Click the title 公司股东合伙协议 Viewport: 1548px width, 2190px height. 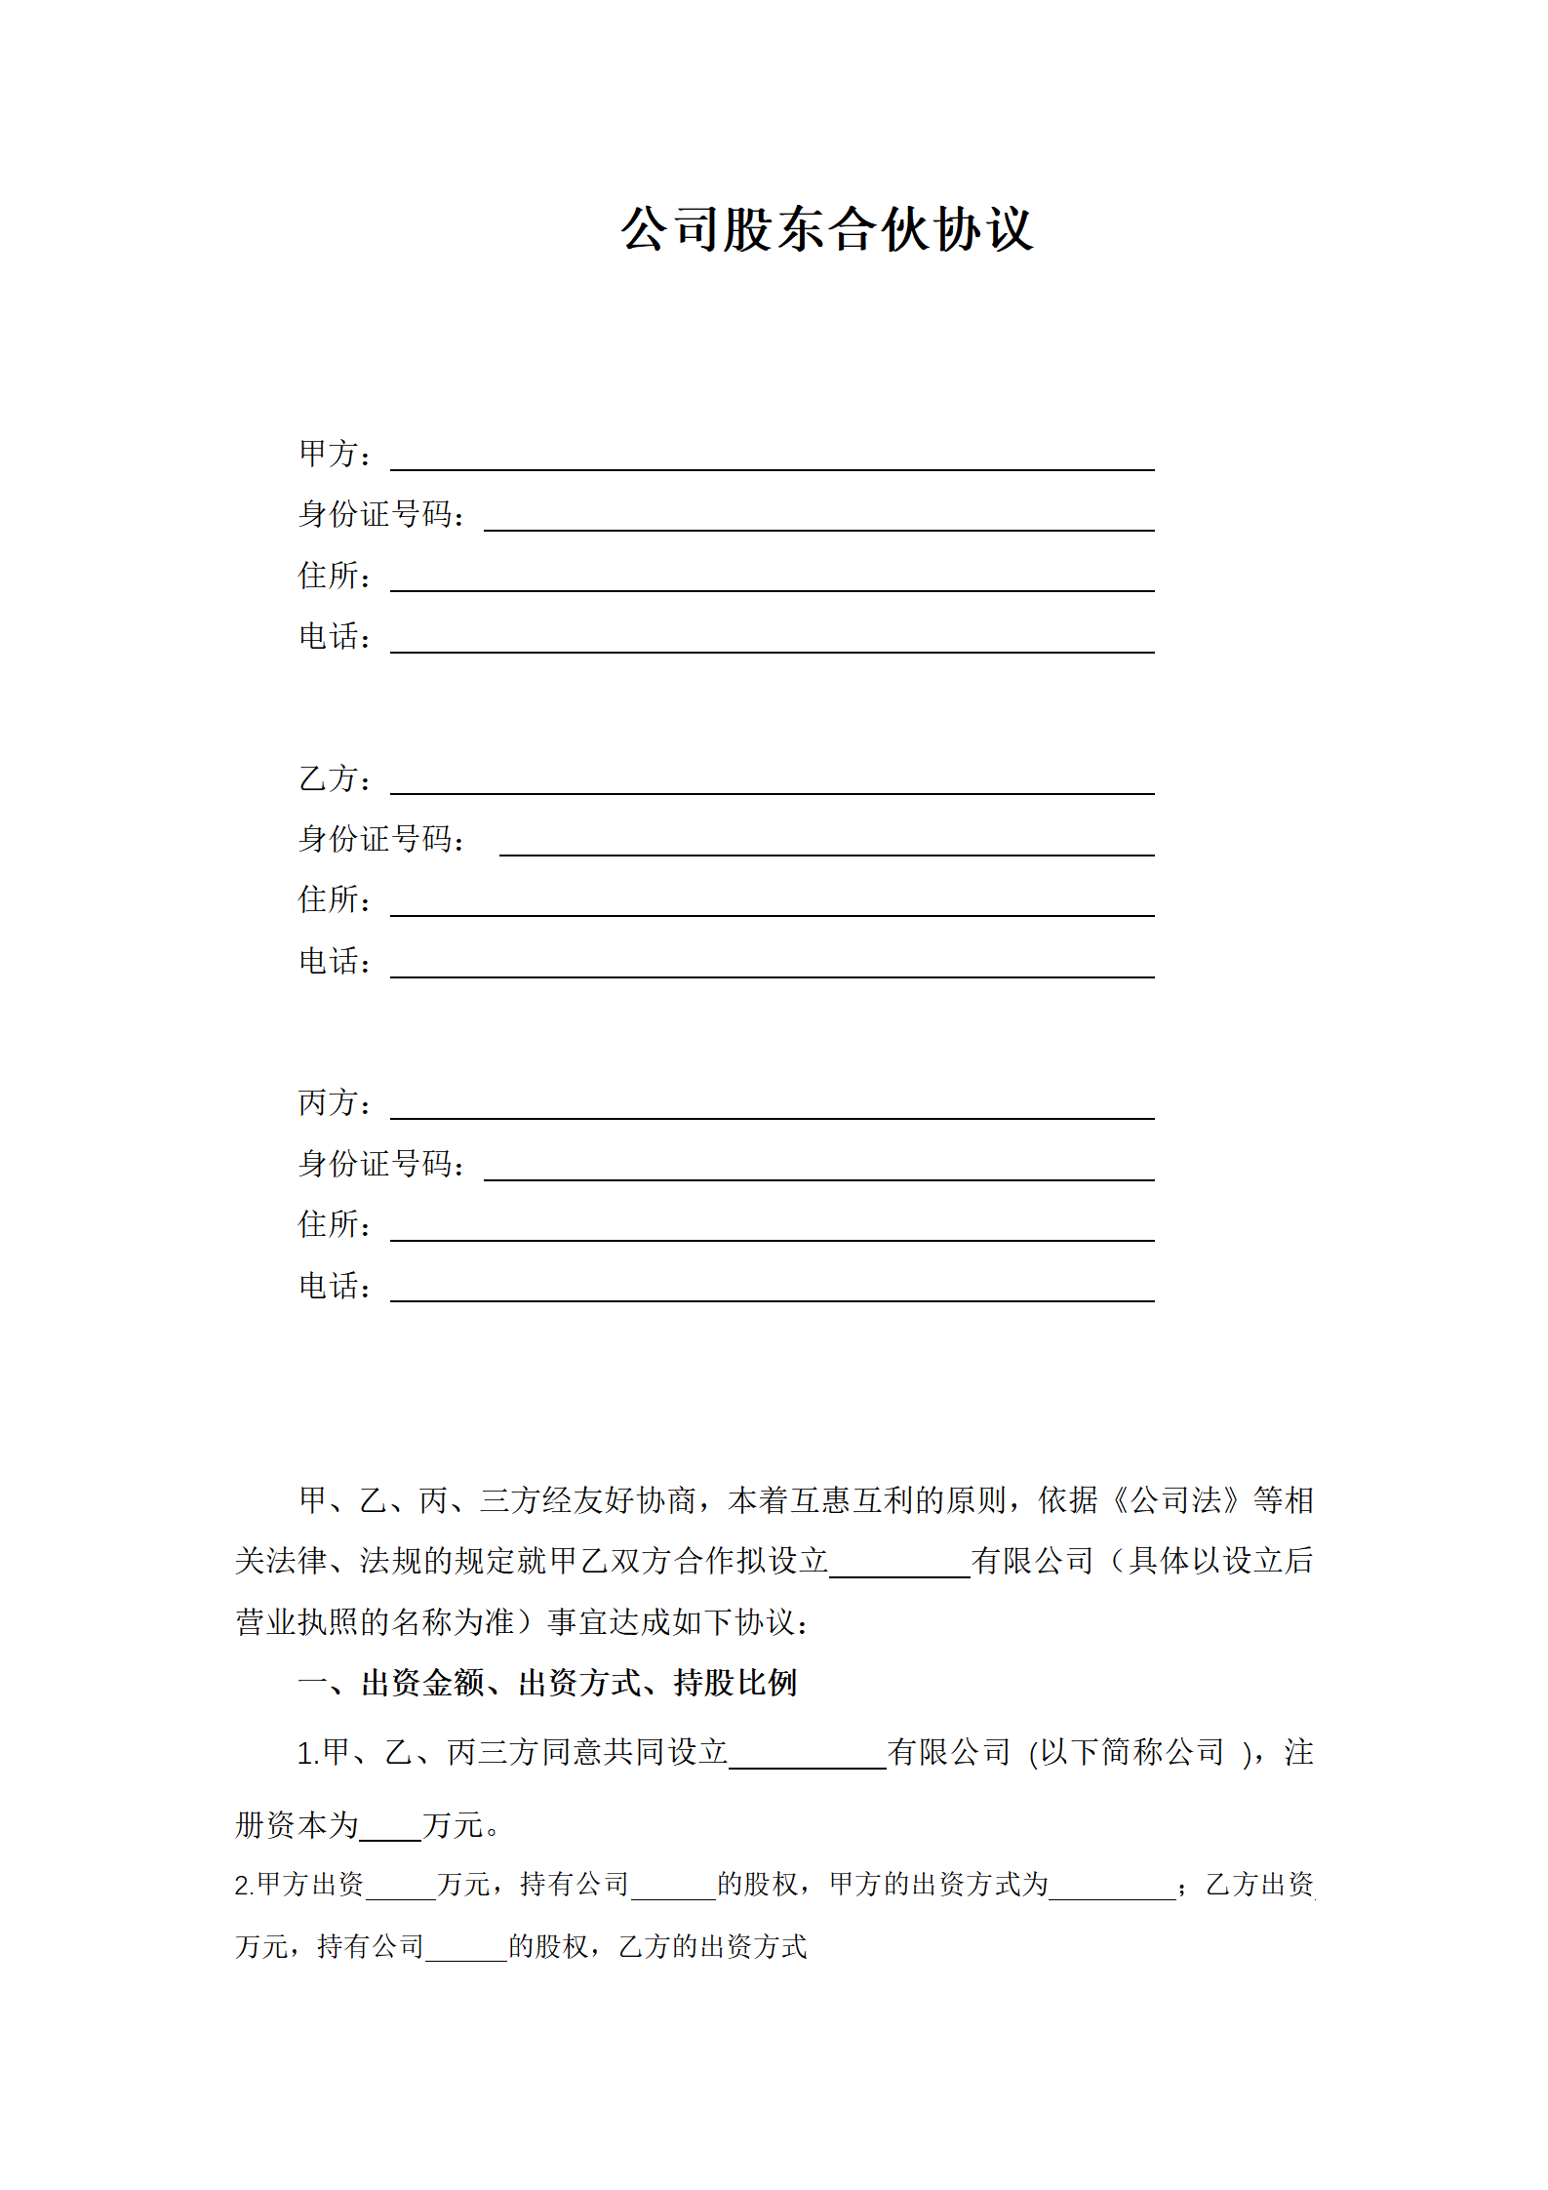tap(826, 230)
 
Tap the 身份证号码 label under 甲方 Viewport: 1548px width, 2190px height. tap(380, 514)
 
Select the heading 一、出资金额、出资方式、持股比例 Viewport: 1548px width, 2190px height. tap(547, 1683)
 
